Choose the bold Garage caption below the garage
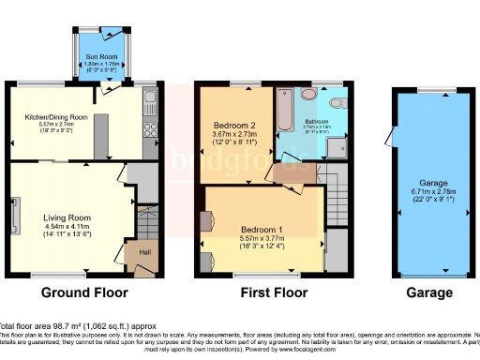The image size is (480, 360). pos(429,292)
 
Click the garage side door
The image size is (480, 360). pos(389,135)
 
